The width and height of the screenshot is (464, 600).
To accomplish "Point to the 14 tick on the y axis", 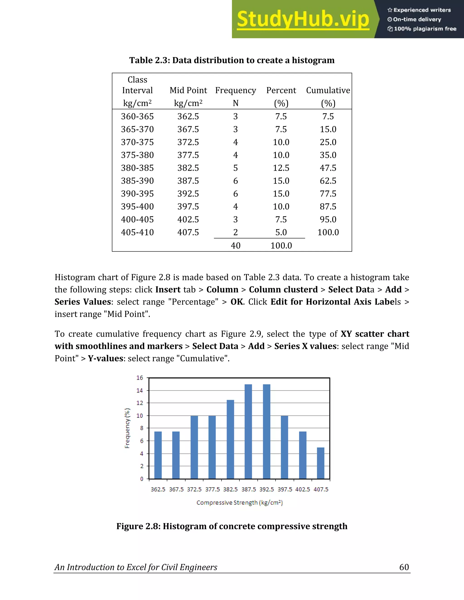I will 140,390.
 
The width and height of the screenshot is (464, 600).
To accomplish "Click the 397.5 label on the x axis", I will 285,489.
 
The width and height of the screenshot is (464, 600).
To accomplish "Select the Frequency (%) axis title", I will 127,428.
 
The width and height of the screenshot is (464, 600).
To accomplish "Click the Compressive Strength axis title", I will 239,502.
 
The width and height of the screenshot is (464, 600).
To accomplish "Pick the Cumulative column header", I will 328,90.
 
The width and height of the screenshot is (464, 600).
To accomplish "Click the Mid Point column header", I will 188,90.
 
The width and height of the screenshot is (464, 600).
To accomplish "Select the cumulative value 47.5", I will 328,168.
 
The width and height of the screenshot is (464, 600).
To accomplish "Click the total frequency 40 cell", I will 236,245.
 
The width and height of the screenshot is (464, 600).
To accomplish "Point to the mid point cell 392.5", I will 188,194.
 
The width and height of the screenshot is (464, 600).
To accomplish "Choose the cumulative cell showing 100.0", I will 328,233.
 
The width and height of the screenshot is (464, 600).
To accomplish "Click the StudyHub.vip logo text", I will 303,19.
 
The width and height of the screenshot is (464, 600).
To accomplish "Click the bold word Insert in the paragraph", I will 168,290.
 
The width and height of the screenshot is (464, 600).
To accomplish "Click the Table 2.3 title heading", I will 232,60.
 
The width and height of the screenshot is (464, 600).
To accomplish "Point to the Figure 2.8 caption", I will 232,526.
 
